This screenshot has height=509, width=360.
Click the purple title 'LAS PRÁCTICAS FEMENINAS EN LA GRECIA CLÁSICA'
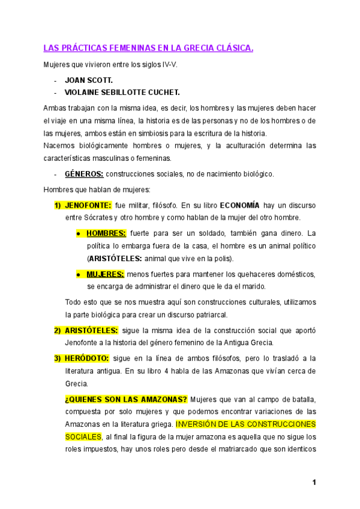[148, 48]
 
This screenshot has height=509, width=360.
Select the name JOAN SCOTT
[89, 80]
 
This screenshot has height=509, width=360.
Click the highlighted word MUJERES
[105, 274]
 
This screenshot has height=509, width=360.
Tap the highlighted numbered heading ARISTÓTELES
[91, 330]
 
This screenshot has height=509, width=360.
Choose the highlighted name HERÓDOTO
[87, 358]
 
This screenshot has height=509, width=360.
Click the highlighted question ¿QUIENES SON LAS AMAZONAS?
[126, 399]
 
